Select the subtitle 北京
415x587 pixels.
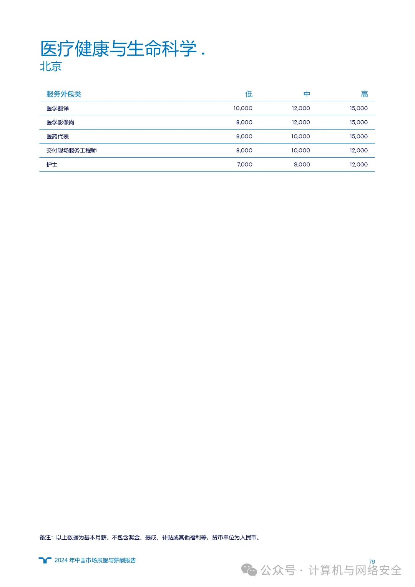[x=51, y=67]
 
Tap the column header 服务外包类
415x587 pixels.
[x=64, y=94]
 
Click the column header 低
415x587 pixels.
[x=249, y=94]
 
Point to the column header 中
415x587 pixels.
[x=307, y=94]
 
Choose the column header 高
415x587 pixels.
[x=364, y=94]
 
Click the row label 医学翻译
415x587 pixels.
[x=58, y=108]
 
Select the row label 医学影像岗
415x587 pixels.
[x=60, y=123]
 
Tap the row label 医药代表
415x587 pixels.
[x=58, y=136]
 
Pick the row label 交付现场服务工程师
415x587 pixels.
[x=71, y=151]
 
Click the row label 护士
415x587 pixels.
[x=52, y=165]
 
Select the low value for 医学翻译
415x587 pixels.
[x=243, y=108]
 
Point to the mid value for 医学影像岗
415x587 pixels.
[x=300, y=123]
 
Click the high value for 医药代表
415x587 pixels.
[x=359, y=136]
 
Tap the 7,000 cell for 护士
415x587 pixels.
[x=244, y=165]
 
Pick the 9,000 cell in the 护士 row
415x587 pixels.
[x=302, y=165]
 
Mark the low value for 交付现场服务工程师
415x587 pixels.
[x=244, y=151]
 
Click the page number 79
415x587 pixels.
[x=372, y=562]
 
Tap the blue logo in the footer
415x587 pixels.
[x=45, y=560]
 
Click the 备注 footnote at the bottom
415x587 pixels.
[x=150, y=537]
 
